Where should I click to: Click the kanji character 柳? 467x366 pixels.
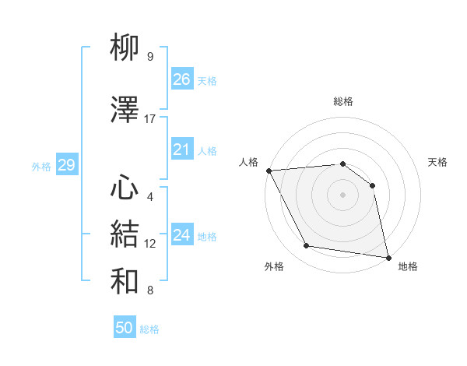coord(125,48)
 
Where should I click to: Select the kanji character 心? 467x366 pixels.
coord(125,188)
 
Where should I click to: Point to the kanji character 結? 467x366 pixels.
coord(125,234)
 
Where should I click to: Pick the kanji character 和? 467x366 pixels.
coord(125,280)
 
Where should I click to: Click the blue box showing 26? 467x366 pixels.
coord(181,79)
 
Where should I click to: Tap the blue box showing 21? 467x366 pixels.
coord(181,150)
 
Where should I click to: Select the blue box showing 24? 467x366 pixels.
coord(181,235)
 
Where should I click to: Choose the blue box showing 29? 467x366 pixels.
coord(66,165)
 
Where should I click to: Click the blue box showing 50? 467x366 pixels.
coord(125,328)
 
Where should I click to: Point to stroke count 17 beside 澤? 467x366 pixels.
coord(150,119)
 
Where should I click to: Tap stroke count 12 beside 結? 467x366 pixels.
coord(150,244)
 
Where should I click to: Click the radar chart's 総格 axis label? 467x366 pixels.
coord(342,101)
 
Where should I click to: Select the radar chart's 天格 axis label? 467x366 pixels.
coord(438,162)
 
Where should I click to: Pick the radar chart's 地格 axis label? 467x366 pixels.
coord(408,266)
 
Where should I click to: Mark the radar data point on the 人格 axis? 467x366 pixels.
coord(269,171)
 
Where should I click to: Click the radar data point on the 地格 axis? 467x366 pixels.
coord(388,256)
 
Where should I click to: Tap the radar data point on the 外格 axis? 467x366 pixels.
coord(307,247)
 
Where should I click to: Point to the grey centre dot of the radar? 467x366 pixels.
coord(342,195)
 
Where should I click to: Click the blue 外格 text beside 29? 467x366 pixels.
coord(41,166)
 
